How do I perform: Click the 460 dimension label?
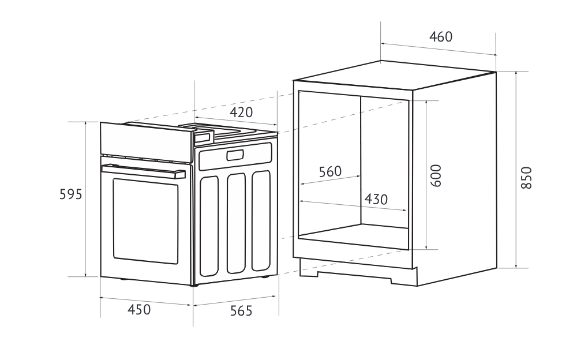(x=441, y=37)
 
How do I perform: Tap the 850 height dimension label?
(x=526, y=178)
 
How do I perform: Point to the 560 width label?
(x=330, y=171)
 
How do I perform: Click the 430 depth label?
(x=376, y=200)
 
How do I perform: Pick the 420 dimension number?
(x=241, y=112)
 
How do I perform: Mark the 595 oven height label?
(x=71, y=194)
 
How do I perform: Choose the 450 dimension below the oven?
(x=139, y=310)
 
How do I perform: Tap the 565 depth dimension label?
(x=241, y=312)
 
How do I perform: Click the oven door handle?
(x=144, y=170)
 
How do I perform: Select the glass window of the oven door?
(x=145, y=220)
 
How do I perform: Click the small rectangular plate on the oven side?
(x=235, y=155)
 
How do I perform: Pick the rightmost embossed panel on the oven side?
(x=261, y=220)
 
